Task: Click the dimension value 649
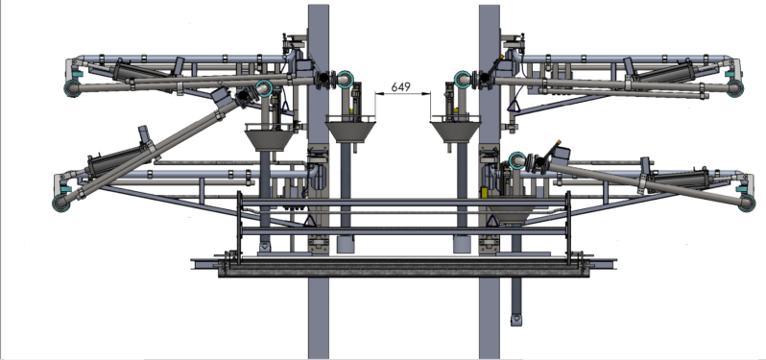[x=400, y=87]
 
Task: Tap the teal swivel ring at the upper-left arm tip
[x=73, y=88]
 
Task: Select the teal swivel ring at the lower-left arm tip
[x=60, y=203]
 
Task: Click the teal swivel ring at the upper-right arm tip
[x=734, y=88]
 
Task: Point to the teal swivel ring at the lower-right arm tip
[x=747, y=203]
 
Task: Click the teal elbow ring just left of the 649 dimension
[x=345, y=79]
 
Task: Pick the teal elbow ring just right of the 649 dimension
[x=462, y=79]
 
